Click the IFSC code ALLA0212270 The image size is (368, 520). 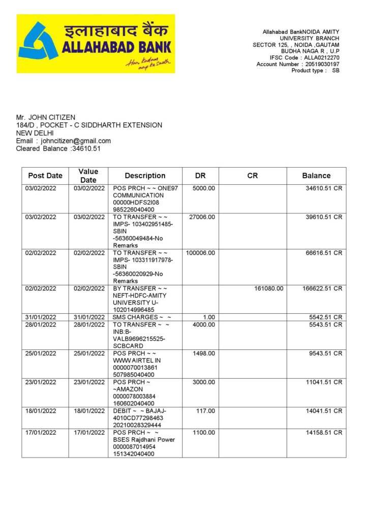pos(322,58)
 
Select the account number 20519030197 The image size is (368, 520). pos(321,64)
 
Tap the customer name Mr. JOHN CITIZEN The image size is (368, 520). pos(46,117)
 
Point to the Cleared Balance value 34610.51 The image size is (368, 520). pos(86,148)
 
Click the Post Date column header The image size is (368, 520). pos(45,176)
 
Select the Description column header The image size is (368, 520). pos(145,176)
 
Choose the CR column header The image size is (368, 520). pos(253,176)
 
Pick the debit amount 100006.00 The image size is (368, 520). pos(201,253)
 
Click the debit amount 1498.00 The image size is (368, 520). pos(204,353)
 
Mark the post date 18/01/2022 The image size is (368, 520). pos(41,410)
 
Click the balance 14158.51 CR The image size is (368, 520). pos(324,433)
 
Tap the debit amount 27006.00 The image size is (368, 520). pos(202,217)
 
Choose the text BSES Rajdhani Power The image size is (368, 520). pos(144,440)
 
